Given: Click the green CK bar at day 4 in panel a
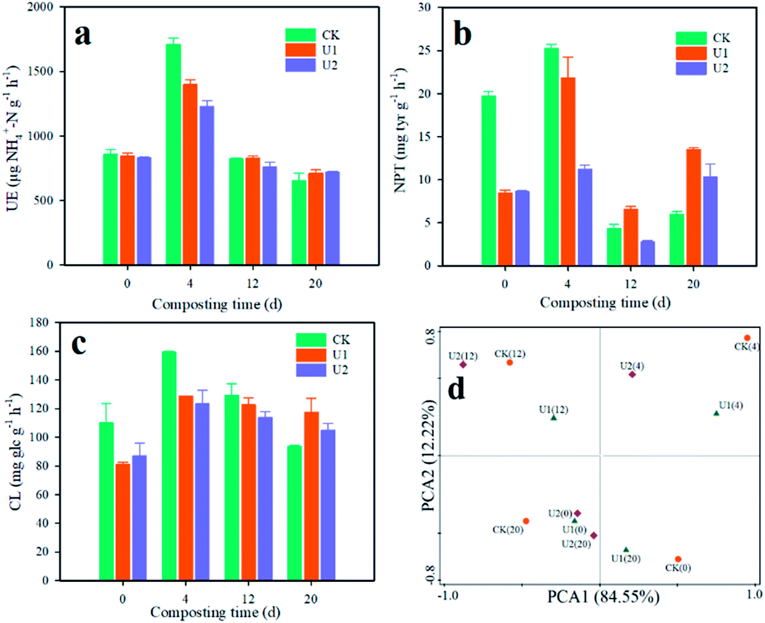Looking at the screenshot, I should (x=173, y=155).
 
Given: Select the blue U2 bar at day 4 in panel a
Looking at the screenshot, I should (x=207, y=185).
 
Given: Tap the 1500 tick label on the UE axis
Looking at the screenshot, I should (x=41, y=71).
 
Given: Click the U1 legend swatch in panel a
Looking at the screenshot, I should (x=300, y=50).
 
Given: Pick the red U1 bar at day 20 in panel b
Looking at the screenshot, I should (x=693, y=207).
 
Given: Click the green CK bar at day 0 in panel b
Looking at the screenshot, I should (x=488, y=181).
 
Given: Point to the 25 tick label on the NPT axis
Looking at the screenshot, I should (x=424, y=50).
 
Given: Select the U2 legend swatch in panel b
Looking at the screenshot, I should (x=691, y=68).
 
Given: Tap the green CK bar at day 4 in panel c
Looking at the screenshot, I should (x=169, y=465).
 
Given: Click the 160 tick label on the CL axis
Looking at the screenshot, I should (x=39, y=351).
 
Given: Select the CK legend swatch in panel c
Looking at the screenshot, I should (x=311, y=340).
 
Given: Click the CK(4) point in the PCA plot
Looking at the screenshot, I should (x=747, y=338).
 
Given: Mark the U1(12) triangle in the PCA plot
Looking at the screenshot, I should (x=554, y=418).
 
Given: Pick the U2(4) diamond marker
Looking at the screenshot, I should (x=632, y=374).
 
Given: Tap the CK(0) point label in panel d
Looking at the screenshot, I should (x=678, y=568).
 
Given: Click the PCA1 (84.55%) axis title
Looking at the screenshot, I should (x=603, y=597).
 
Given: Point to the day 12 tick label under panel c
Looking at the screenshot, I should (x=248, y=599).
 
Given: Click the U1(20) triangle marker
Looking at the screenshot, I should (x=626, y=550).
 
